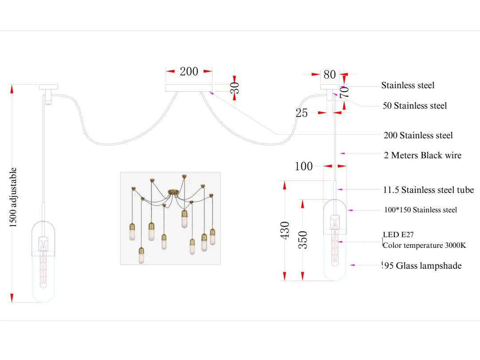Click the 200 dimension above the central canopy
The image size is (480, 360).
pyautogui.click(x=189, y=71)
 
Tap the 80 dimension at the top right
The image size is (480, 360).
pyautogui.click(x=330, y=74)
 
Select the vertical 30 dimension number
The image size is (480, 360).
pyautogui.click(x=236, y=87)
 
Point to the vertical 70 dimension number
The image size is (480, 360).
pyautogui.click(x=345, y=92)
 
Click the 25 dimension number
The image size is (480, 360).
pyautogui.click(x=302, y=113)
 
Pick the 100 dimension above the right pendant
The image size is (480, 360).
pyautogui.click(x=304, y=166)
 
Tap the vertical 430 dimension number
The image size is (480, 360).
pyautogui.click(x=285, y=231)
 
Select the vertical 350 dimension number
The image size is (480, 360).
pyautogui.click(x=303, y=239)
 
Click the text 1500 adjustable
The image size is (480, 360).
pyautogui.click(x=14, y=197)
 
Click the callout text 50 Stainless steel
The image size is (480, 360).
pyautogui.click(x=415, y=106)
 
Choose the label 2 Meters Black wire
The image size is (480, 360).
pyautogui.click(x=423, y=155)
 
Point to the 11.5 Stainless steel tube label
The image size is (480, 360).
pyautogui.click(x=429, y=190)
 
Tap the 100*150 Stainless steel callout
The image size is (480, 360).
pyautogui.click(x=421, y=210)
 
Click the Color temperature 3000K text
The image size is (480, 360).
pyautogui.click(x=424, y=245)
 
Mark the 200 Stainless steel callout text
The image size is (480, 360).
pyautogui.click(x=418, y=135)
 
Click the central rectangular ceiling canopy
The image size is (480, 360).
pyautogui.click(x=189, y=88)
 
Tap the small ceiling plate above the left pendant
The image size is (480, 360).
pyautogui.click(x=48, y=86)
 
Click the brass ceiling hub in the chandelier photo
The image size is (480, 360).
pyautogui.click(x=173, y=192)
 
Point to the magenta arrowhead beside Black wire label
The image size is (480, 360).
pyautogui.click(x=342, y=153)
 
